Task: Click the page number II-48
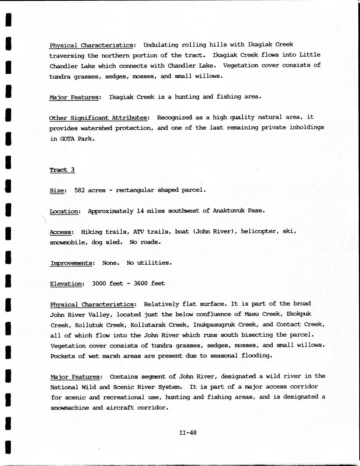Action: pyautogui.click(x=188, y=433)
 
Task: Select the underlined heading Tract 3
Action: pyautogui.click(x=62, y=170)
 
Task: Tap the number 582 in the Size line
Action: pyautogui.click(x=79, y=190)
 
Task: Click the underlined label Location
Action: pyautogui.click(x=64, y=211)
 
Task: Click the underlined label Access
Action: pyautogui.click(x=61, y=232)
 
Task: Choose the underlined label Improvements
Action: pyautogui.click(x=71, y=263)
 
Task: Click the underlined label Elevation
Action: pyautogui.click(x=66, y=284)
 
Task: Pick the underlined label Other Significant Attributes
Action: pyautogui.click(x=98, y=118)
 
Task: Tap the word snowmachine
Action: pyautogui.click(x=70, y=408)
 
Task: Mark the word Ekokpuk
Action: pyautogui.click(x=299, y=314)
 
